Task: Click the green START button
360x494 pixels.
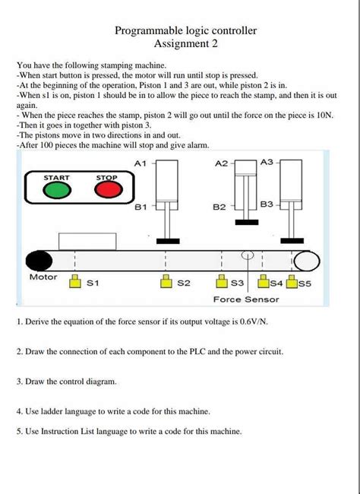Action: [57, 190]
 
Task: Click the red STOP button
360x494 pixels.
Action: [109, 190]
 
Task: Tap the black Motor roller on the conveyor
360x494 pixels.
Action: [39, 261]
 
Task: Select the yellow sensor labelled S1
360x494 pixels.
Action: [74, 281]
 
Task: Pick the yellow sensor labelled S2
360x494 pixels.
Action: [166, 281]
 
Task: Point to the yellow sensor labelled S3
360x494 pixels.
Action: [222, 281]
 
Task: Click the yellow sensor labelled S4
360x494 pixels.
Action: [264, 281]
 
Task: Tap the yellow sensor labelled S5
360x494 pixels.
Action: [292, 281]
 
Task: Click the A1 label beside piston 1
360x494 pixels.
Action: [141, 163]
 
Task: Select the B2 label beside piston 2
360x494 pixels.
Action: [219, 207]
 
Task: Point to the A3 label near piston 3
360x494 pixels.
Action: [267, 162]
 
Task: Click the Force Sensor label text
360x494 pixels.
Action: [246, 299]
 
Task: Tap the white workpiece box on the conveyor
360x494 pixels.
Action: [87, 242]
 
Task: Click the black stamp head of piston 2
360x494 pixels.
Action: [247, 222]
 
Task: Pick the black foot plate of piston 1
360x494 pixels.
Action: [168, 241]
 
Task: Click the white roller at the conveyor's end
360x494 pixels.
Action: [307, 261]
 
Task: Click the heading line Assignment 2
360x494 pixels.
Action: [186, 43]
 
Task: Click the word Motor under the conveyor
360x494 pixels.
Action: [43, 277]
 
